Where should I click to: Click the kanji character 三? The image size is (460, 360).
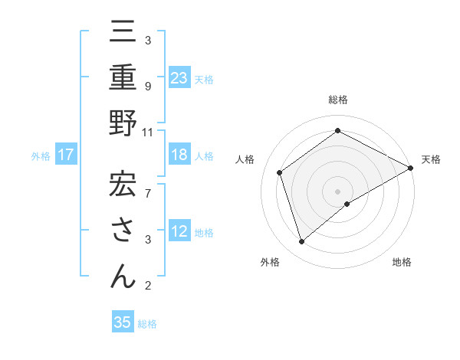(123, 32)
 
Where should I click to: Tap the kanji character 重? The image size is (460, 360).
(123, 77)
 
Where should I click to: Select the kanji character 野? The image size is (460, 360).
(123, 123)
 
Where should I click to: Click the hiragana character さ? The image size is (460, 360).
(123, 229)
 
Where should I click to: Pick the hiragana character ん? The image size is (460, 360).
(123, 273)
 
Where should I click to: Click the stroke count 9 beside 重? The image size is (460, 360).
(147, 86)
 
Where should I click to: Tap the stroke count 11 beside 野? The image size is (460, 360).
(148, 132)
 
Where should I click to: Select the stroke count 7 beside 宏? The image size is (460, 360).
(147, 185)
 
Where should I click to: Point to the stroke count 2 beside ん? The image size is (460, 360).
(147, 286)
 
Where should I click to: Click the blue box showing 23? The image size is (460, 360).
(179, 77)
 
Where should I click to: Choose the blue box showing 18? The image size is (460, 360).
(179, 155)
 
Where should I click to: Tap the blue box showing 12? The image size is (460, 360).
(179, 231)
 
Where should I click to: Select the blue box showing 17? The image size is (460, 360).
(66, 155)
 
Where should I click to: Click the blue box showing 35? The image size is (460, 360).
(123, 322)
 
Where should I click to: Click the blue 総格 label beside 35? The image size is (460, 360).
(148, 324)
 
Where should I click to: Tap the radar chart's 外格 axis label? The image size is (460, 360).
(270, 263)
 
